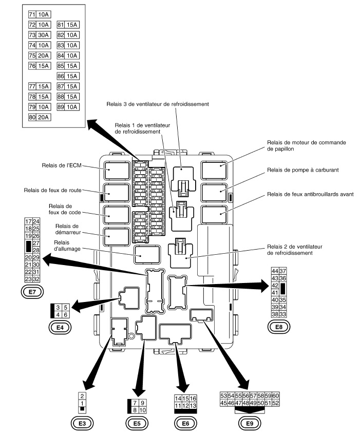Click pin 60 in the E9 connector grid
(276, 396)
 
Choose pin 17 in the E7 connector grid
(28, 221)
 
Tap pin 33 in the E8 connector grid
(282, 314)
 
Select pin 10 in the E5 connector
(143, 410)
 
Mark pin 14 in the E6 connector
(178, 399)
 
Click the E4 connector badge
(58, 326)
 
